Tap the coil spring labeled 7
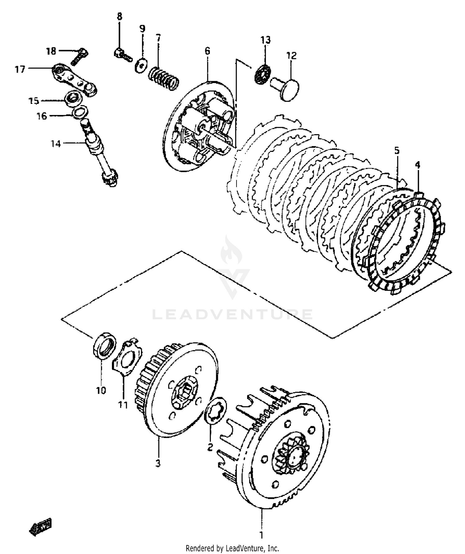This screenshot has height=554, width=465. (x=164, y=79)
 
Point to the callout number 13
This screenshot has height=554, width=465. (x=265, y=40)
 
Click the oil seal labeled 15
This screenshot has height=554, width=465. (x=74, y=99)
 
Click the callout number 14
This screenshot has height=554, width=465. (x=56, y=144)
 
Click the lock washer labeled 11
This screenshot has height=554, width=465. (x=127, y=358)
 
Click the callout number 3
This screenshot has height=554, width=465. (x=158, y=463)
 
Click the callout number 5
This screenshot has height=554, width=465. (x=397, y=151)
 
